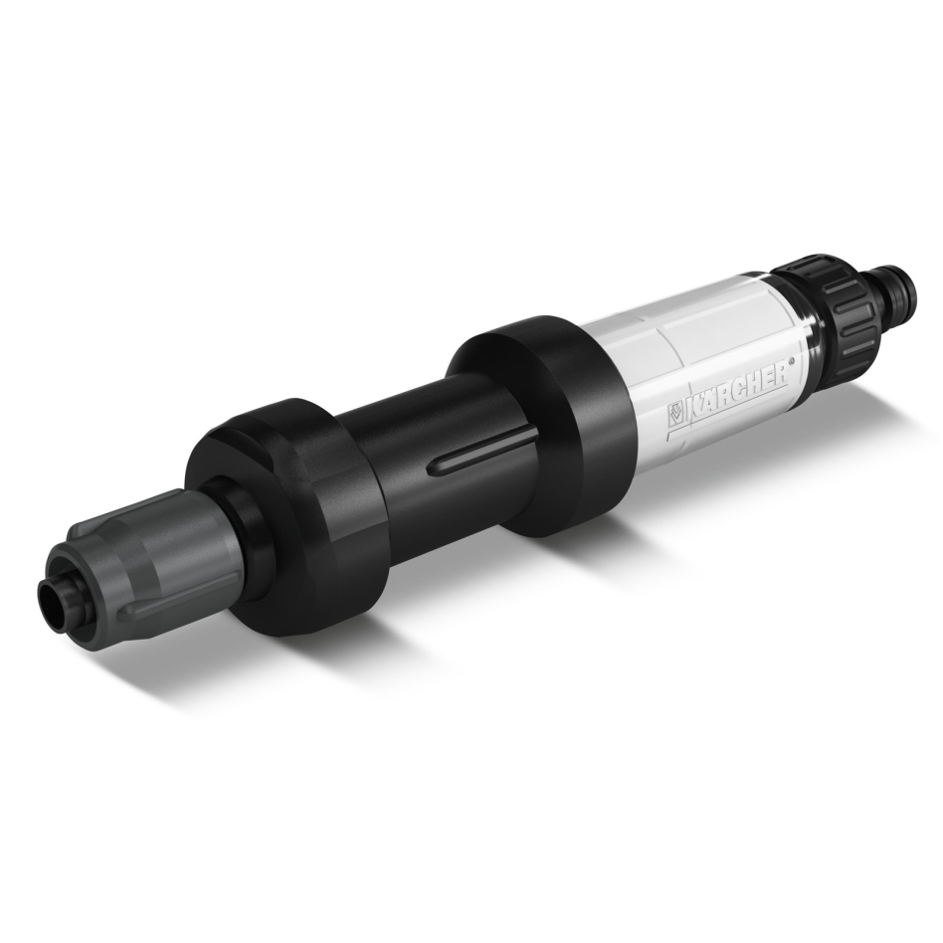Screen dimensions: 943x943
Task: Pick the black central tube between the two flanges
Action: point(418,438)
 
